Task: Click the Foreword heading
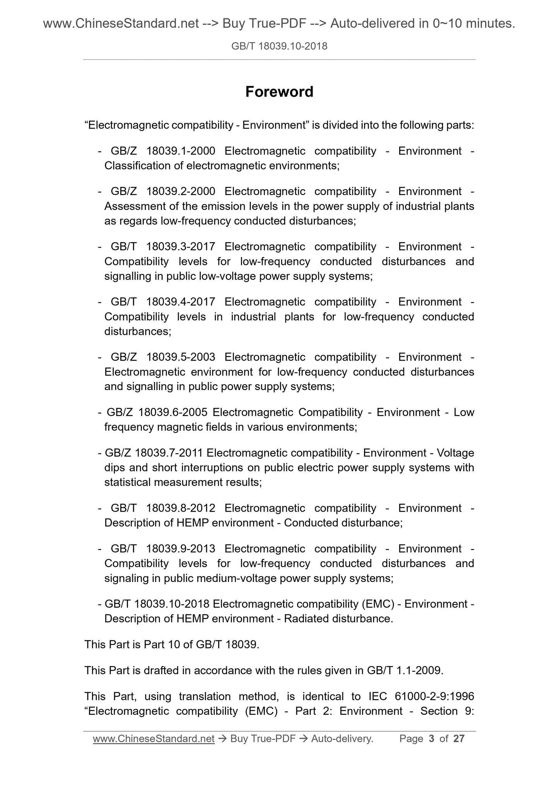pos(279,92)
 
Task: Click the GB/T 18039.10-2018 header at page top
pos(279,46)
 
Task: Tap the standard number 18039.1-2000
pos(181,151)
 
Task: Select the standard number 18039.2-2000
pos(181,192)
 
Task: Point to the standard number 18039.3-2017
pos(181,247)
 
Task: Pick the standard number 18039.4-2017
pos(181,302)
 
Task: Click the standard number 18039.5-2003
pos(181,357)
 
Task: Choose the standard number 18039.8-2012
pos(181,508)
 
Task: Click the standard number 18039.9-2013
pos(181,549)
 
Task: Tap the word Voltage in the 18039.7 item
pos(455,453)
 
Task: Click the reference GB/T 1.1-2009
pos(404,670)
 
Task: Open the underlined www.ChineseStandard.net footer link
pos(154,739)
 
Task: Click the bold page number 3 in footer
pos(431,739)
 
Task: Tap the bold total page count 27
pos(458,739)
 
